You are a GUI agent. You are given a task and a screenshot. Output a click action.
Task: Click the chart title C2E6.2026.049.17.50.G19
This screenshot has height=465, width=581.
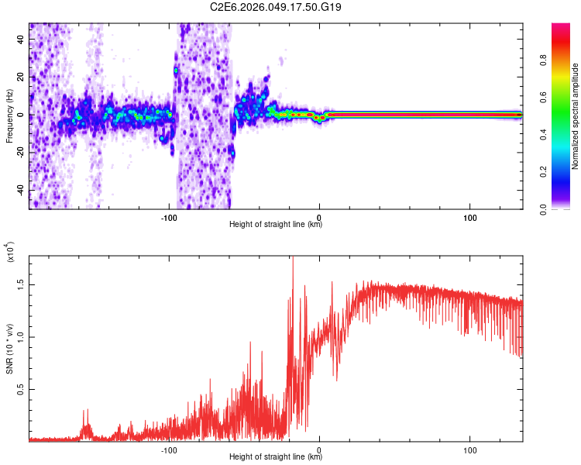click(277, 7)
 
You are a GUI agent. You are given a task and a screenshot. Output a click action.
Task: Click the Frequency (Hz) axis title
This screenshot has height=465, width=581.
click(9, 116)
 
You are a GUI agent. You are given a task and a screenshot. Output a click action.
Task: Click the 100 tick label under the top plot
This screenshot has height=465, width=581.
click(469, 216)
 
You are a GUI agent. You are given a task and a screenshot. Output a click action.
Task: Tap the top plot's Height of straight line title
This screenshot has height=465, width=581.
click(276, 225)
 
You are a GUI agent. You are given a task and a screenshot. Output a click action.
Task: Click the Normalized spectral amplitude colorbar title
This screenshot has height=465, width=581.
click(576, 116)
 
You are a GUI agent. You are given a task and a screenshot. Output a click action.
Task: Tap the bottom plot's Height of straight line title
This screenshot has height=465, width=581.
click(276, 456)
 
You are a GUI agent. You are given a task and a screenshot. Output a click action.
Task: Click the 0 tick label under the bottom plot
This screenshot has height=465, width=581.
click(320, 449)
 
